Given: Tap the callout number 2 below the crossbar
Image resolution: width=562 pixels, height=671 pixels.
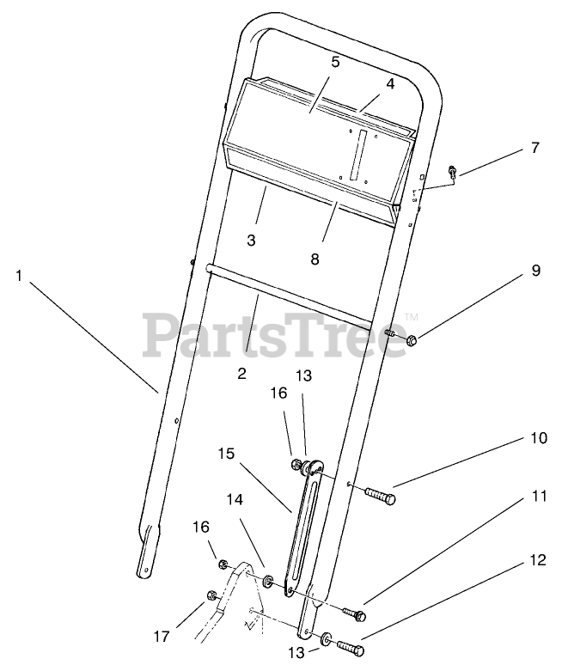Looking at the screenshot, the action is [x=242, y=373].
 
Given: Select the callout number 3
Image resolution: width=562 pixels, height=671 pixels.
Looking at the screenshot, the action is [x=251, y=241].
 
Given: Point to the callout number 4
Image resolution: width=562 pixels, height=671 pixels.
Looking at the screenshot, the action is [x=389, y=84].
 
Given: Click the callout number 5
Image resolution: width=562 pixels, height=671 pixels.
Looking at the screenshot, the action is [x=335, y=62].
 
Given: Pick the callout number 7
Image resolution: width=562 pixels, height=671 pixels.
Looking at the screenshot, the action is [x=535, y=148].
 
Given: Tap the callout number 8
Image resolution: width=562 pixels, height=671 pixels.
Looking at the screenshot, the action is [x=315, y=257].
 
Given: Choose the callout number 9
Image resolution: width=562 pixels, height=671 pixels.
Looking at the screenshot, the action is [x=535, y=271].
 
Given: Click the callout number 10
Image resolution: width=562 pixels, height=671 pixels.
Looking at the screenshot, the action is [x=536, y=437].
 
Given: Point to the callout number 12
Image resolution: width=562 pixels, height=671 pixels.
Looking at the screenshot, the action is [x=536, y=561].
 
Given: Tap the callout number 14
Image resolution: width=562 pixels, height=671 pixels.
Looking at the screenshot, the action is [x=235, y=498].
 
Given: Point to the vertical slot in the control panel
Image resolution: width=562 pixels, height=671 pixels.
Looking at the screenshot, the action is [x=362, y=155].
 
